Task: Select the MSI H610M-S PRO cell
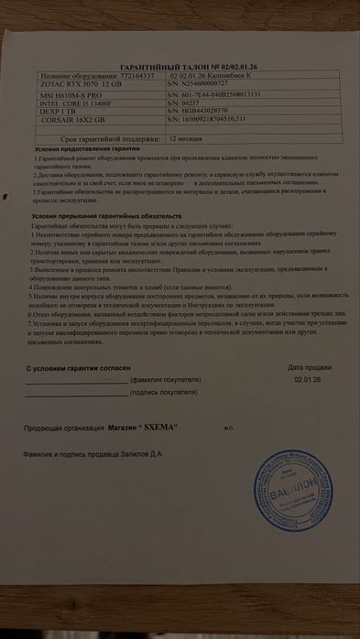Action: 71,94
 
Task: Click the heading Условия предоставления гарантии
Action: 88,148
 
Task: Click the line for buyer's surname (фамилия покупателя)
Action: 77,379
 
